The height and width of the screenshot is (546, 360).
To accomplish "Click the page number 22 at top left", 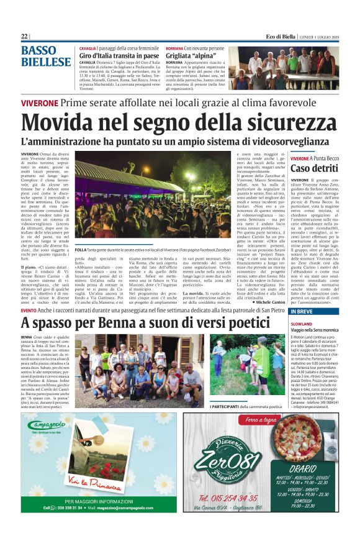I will pos(25,37).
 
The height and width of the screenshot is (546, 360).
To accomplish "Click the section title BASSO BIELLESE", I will pos(46,56).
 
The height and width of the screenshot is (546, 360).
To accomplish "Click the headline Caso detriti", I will pos(314,168).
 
